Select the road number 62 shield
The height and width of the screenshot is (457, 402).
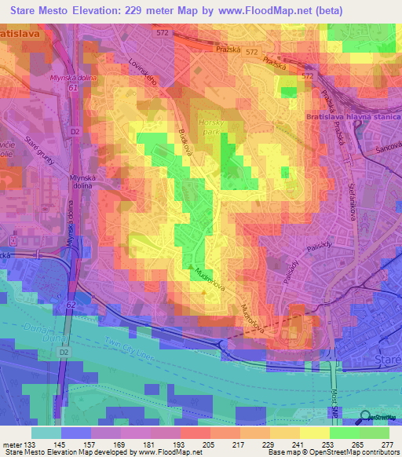(71, 302)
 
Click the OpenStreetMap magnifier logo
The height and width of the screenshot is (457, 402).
(366, 417)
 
